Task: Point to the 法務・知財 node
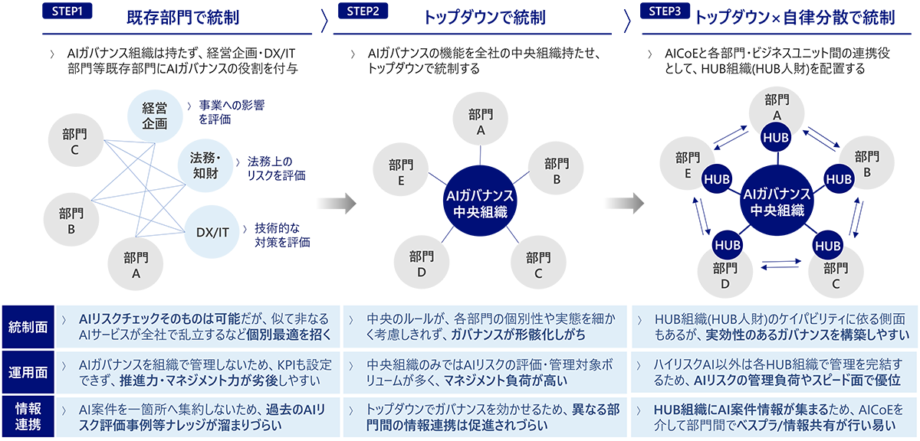point(205,166)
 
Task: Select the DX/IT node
point(212,232)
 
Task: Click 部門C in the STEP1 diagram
point(75,141)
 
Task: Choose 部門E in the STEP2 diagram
point(402,171)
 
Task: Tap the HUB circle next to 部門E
point(717,178)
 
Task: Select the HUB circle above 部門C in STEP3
point(827,246)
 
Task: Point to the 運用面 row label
point(25,372)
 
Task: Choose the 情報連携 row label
point(25,416)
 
